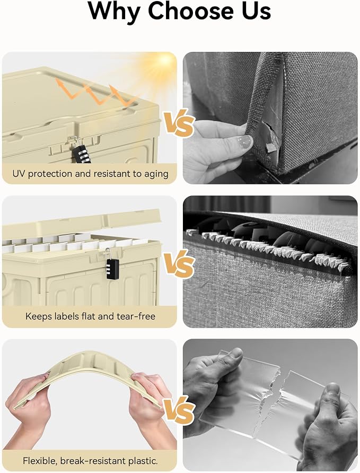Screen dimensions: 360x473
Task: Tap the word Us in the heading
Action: point(256,11)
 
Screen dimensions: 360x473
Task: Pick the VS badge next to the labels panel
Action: point(179,264)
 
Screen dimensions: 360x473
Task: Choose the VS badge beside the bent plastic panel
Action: point(179,410)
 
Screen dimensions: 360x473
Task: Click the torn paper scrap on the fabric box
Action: point(271,147)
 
